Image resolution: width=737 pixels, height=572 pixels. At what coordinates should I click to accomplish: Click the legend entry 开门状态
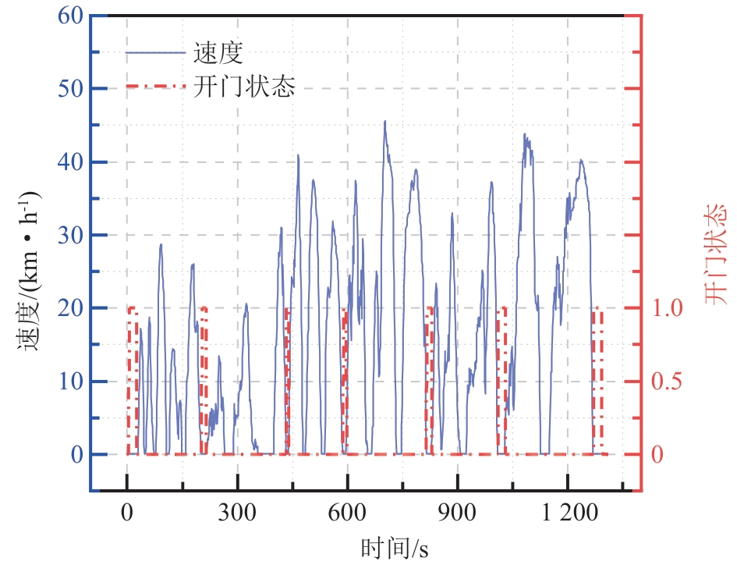click(x=244, y=86)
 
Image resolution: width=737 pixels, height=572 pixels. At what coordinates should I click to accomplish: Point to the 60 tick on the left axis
click(x=69, y=16)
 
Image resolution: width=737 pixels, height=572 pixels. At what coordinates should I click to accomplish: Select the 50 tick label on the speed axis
click(x=69, y=89)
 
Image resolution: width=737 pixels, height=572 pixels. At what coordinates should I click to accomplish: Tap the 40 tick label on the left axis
click(x=69, y=162)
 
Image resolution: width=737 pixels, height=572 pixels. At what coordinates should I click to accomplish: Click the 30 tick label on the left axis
click(x=69, y=235)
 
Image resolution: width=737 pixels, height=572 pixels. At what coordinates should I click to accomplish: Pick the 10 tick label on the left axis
click(x=69, y=381)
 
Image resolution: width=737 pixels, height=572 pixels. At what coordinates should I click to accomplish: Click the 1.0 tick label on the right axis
click(x=668, y=308)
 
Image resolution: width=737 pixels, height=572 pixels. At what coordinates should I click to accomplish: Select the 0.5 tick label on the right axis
click(x=668, y=381)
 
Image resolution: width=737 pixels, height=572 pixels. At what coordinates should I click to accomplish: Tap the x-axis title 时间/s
click(x=395, y=549)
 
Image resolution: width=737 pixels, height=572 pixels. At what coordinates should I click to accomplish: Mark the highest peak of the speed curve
click(x=385, y=122)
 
